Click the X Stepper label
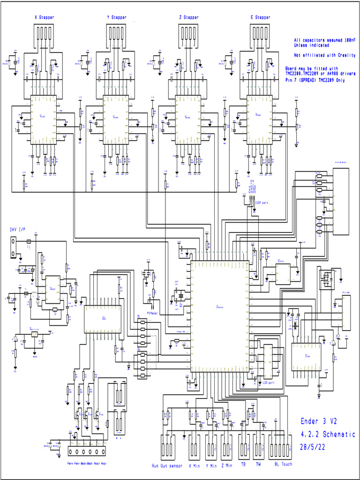pos(45,17)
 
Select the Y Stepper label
pos(117,17)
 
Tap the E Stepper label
pos(260,17)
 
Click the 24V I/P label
pos(18,230)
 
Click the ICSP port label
pos(261,203)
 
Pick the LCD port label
pos(268,383)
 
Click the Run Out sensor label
pos(167,466)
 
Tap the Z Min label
pos(227,466)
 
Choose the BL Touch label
pos(283,465)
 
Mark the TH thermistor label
pos(258,465)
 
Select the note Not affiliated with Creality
pos(325,55)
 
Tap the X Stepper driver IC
pos(44,115)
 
